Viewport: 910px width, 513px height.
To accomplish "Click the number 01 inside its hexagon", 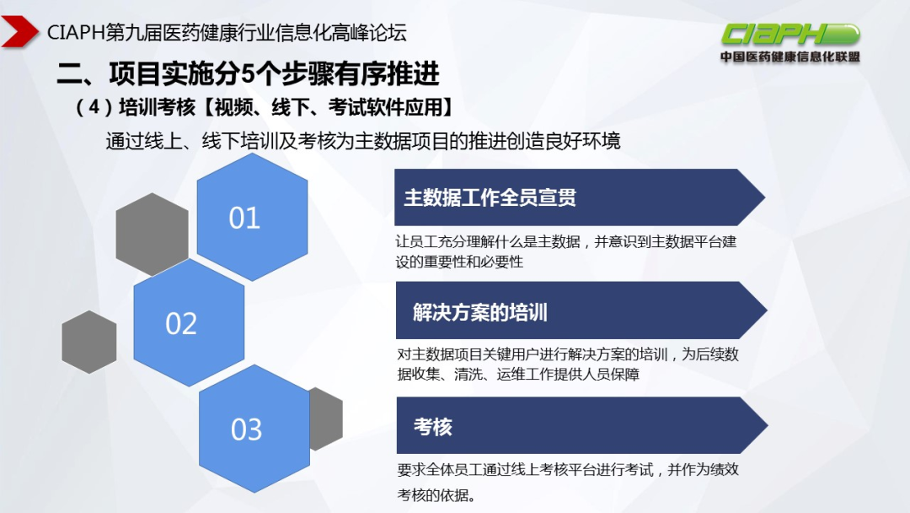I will click(244, 219).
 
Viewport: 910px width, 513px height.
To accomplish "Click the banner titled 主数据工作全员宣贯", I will click(573, 197).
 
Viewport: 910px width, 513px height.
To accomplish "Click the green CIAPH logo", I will click(790, 35).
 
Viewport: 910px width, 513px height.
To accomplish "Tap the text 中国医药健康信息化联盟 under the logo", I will click(790, 57).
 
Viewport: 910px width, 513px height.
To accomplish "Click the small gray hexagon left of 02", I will click(88, 342).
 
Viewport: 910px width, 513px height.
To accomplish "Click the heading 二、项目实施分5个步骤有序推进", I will click(248, 74).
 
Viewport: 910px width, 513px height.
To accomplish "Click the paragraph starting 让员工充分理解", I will click(565, 251).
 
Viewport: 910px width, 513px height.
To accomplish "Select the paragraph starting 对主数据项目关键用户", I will click(567, 364).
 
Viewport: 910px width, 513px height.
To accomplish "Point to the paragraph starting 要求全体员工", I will click(567, 481).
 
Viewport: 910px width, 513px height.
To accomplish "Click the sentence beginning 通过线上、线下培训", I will click(362, 141).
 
